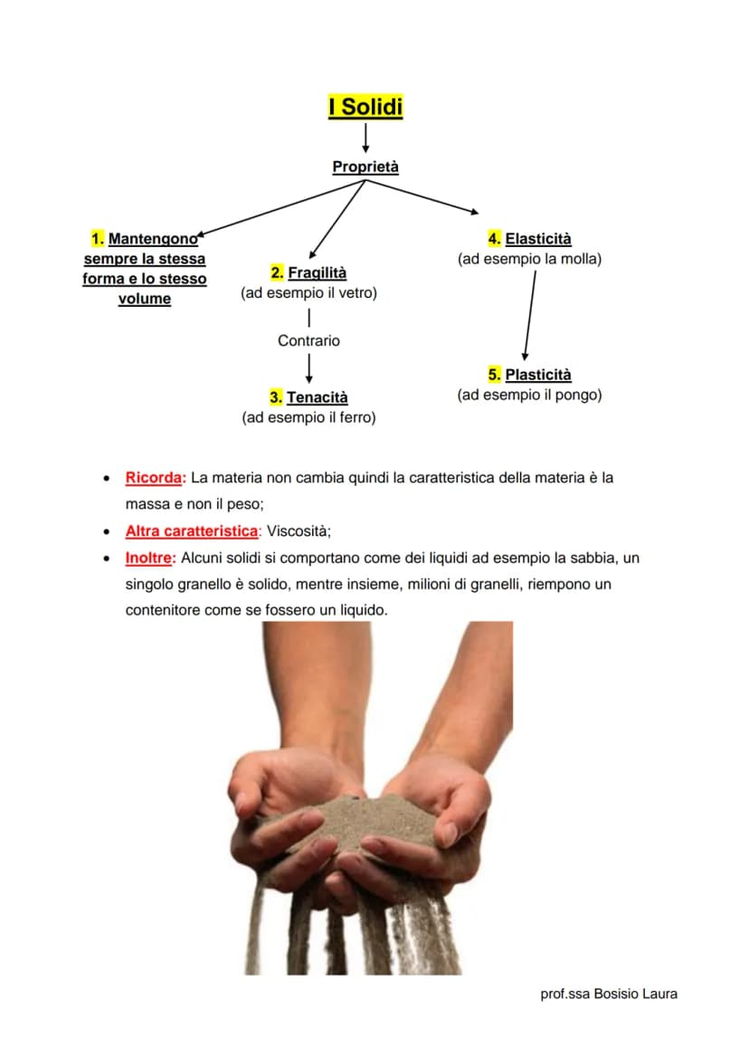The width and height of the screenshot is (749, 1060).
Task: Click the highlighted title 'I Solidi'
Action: [x=365, y=107]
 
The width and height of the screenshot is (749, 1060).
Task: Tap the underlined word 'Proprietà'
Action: [x=365, y=167]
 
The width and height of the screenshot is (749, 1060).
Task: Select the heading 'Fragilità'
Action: [x=318, y=272]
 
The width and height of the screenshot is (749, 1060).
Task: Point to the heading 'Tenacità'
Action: [x=317, y=396]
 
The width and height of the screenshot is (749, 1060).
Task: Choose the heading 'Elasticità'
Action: [x=538, y=239]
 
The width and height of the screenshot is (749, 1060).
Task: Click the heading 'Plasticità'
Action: [x=538, y=375]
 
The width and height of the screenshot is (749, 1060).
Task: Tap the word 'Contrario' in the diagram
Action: [x=308, y=340]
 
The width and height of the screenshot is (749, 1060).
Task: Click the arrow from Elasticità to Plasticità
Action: [x=529, y=316]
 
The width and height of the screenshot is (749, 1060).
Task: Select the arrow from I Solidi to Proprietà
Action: [x=365, y=138]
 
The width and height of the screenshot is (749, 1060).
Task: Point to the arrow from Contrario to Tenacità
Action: [x=308, y=368]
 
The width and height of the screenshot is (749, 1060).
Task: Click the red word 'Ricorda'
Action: [x=153, y=477]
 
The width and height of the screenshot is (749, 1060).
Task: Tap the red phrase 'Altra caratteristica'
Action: [x=192, y=530]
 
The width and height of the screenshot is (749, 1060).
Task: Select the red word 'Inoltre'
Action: [x=148, y=558]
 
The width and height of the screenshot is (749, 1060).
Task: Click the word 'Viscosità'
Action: [x=298, y=530]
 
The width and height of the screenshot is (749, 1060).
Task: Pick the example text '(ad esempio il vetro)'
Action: [x=308, y=292]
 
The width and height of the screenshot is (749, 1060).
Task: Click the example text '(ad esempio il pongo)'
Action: [x=529, y=395]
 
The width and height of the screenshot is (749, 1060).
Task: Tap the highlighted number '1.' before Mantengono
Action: [x=98, y=239]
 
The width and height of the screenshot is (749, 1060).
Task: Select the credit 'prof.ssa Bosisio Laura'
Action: [x=609, y=994]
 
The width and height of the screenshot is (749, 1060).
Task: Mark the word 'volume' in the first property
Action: [x=145, y=299]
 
